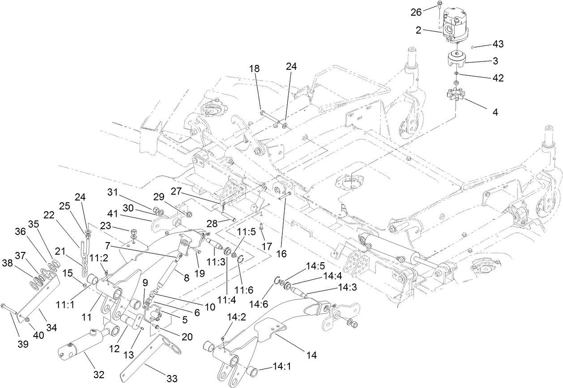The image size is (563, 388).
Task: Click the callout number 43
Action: pos(498,44)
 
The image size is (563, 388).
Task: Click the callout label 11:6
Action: pos(246,278)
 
